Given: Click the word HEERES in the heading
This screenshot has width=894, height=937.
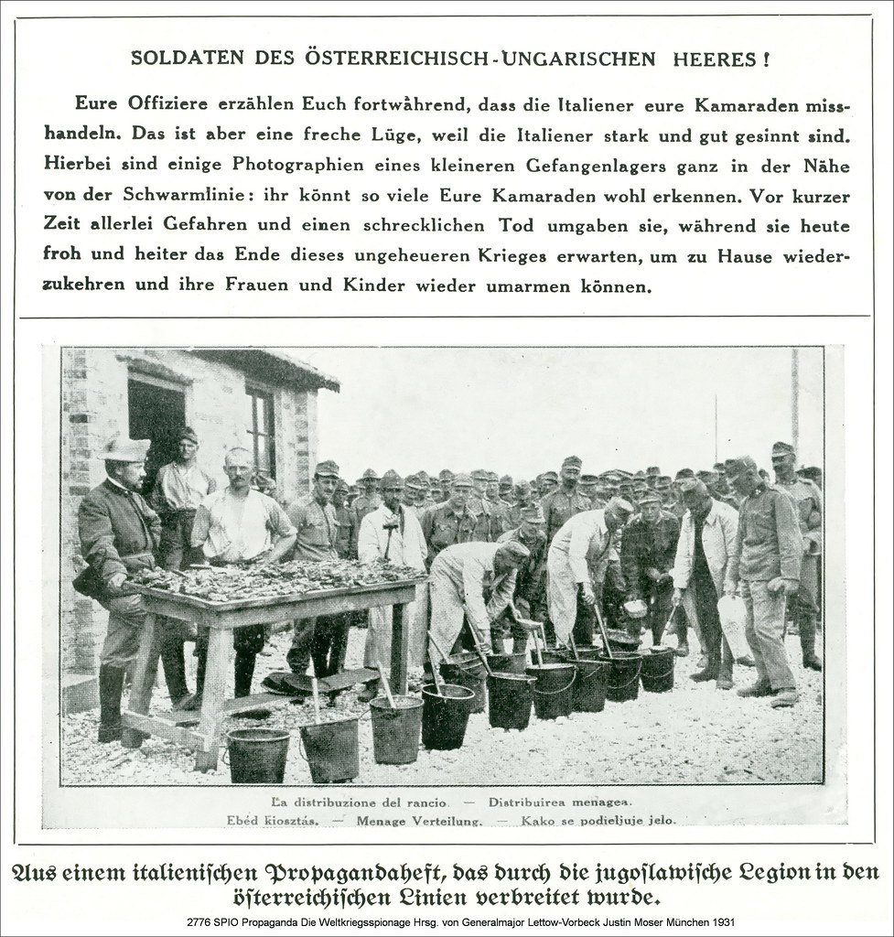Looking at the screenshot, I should click(715, 59).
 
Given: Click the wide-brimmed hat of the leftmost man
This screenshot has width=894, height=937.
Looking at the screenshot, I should click(124, 447).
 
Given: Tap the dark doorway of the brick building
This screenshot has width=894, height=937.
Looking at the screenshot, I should click(155, 421).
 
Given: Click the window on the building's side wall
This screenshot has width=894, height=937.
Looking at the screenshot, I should click(261, 430).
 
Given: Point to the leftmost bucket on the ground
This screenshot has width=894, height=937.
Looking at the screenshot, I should click(257, 753).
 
